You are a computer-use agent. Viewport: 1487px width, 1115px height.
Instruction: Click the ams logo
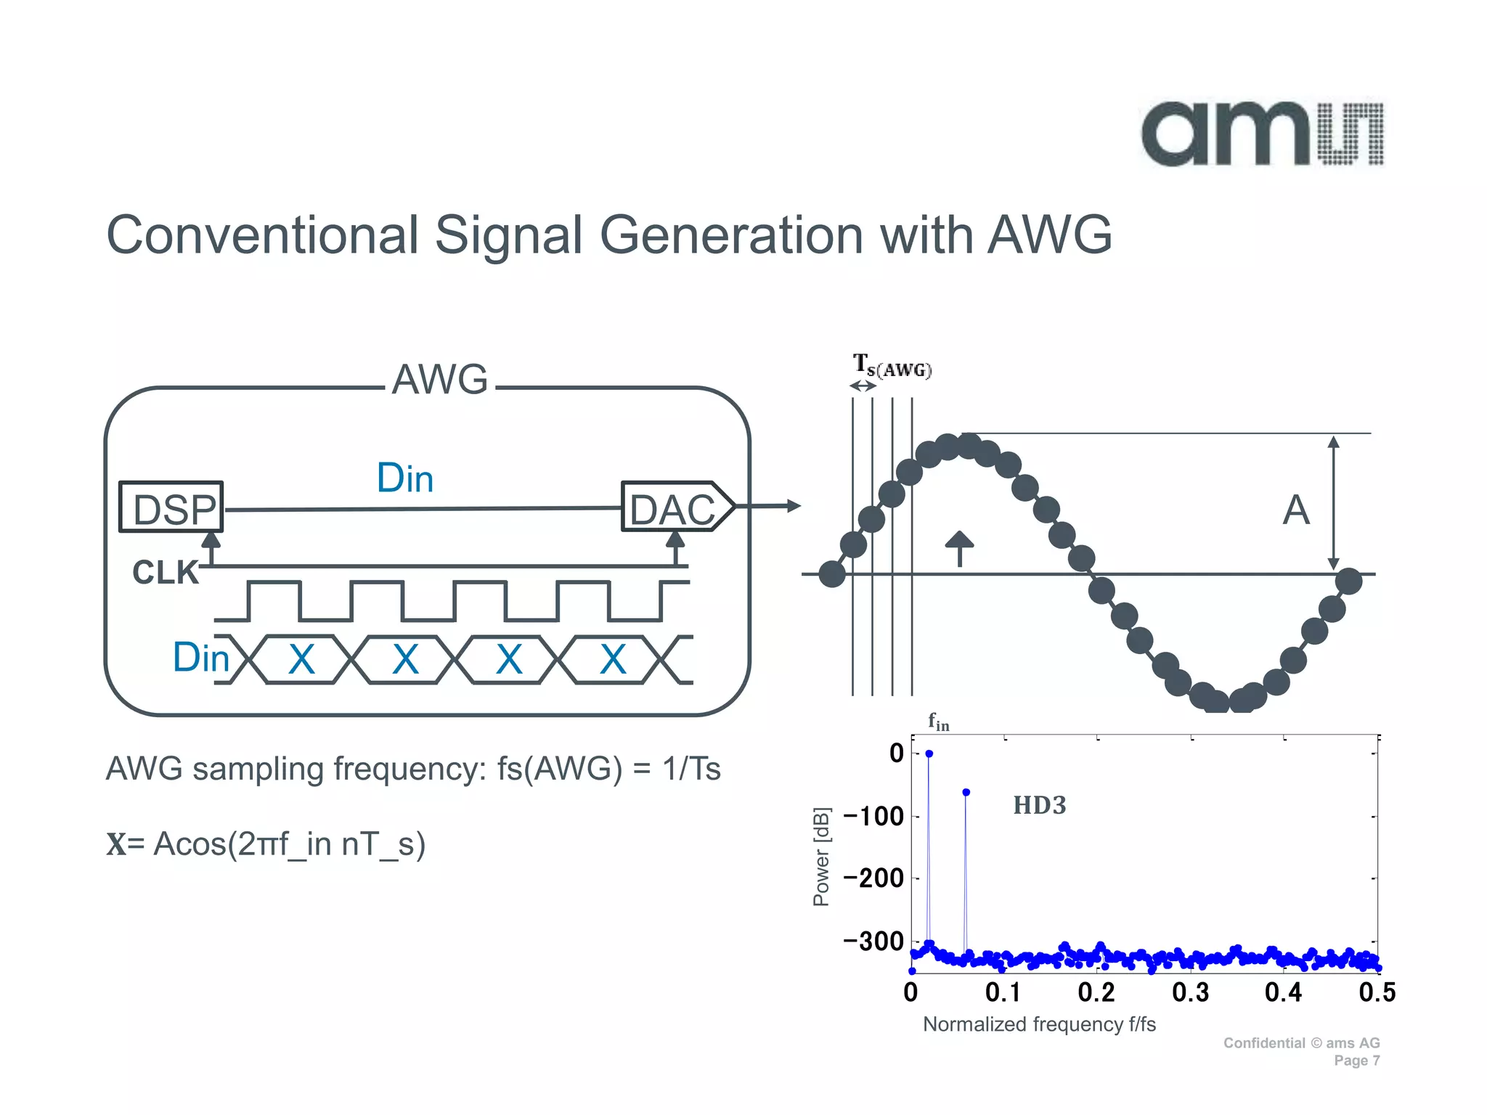click(x=1262, y=134)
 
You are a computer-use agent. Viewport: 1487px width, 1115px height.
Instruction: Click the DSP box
click(x=172, y=507)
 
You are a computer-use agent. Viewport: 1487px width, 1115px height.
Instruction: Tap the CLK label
click(x=165, y=573)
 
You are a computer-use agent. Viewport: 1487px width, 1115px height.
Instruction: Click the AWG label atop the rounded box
click(x=440, y=380)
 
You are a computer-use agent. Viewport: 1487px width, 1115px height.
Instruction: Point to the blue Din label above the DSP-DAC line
click(x=405, y=478)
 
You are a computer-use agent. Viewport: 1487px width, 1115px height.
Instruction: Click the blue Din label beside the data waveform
click(x=200, y=658)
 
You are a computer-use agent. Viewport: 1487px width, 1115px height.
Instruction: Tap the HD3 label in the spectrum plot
click(x=1039, y=806)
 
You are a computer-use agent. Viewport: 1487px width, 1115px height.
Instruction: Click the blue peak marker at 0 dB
click(x=929, y=754)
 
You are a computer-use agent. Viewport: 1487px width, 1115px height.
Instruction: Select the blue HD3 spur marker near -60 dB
click(x=966, y=793)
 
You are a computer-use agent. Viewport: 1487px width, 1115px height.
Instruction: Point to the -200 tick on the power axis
click(x=873, y=878)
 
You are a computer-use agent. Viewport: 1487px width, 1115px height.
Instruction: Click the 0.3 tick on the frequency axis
click(x=1190, y=992)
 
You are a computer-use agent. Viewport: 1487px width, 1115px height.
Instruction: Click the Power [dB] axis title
click(x=821, y=857)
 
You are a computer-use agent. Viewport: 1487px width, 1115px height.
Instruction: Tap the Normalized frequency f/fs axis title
click(x=1039, y=1024)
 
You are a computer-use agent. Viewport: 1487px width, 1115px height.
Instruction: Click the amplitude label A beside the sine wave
click(x=1296, y=510)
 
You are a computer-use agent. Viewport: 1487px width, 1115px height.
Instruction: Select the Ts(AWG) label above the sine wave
click(x=892, y=367)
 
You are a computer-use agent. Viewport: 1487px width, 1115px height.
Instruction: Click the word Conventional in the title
click(x=263, y=235)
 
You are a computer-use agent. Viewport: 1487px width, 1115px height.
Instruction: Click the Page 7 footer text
click(x=1356, y=1061)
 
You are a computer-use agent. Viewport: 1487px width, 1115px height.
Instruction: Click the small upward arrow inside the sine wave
click(x=960, y=548)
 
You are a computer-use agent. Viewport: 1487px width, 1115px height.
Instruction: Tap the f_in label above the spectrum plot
click(x=938, y=722)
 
